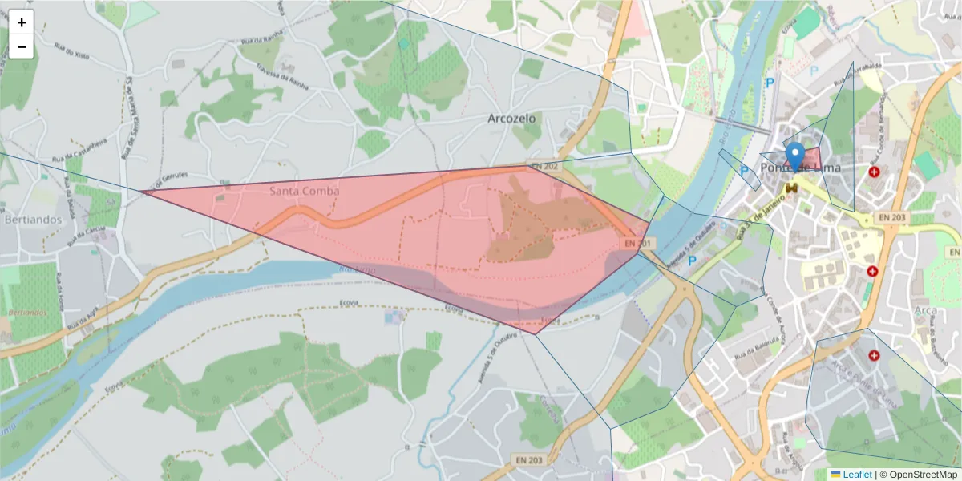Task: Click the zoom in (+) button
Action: tap(22, 22)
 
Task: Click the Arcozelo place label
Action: tap(511, 119)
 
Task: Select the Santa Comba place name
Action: tap(304, 191)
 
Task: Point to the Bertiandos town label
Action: tap(33, 218)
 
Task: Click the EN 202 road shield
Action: tap(544, 166)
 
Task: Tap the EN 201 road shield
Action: tap(635, 243)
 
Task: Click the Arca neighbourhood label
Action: tap(924, 310)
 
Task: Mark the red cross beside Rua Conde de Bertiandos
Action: tap(874, 172)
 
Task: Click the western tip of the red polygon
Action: tap(142, 192)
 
